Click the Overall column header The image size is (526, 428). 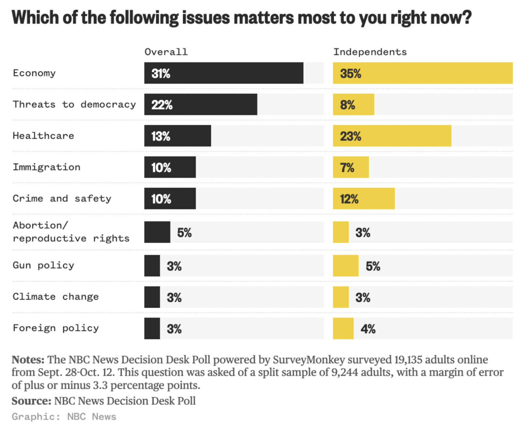166,52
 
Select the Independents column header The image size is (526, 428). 370,52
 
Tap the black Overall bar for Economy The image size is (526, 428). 224,73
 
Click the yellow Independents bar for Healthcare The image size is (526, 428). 392,136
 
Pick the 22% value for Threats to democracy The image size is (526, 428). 162,105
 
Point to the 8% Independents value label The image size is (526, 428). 347,105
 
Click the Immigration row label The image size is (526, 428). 46,167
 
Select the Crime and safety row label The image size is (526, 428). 62,199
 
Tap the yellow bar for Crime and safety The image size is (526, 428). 364,199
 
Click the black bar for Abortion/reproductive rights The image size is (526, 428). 157,232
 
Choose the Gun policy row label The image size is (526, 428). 43,265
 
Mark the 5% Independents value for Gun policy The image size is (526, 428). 373,266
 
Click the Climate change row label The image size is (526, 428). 56,296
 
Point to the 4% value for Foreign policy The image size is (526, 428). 368,329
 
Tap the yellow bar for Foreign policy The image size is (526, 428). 343,328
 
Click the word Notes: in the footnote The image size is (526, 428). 28,360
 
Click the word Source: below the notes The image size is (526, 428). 31,401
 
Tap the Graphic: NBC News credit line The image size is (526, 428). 64,417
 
